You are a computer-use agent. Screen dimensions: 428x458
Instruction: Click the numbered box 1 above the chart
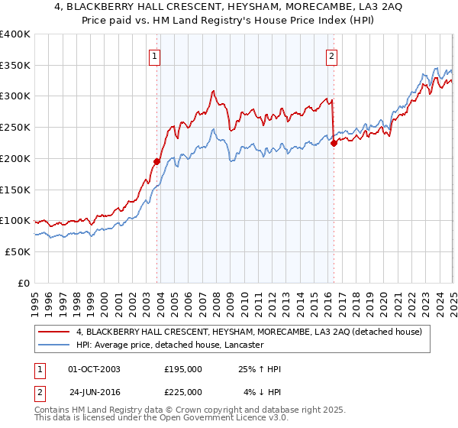155,55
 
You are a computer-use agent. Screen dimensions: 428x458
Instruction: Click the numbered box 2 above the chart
332,55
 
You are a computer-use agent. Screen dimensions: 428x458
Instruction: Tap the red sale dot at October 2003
156,161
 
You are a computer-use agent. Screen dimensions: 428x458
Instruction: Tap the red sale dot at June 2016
334,142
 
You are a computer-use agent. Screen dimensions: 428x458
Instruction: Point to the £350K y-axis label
15,66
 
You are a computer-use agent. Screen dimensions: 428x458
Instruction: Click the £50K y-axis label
18,251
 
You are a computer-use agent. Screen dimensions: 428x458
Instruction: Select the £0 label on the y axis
24,283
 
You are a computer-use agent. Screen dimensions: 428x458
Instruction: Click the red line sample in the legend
55,332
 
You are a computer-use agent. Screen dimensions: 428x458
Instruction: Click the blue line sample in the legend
55,345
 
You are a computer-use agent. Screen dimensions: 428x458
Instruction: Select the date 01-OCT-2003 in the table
94,369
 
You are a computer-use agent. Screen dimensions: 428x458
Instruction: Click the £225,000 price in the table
183,391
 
